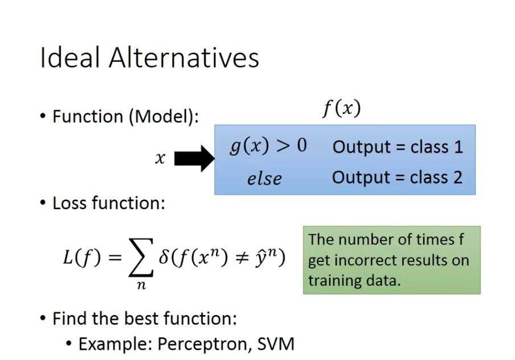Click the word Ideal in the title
tap(70, 58)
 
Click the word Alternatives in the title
tap(184, 58)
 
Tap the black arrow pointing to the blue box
tap(194, 158)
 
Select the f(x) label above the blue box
tap(342, 108)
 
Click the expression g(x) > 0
tap(268, 146)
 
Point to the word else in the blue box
tap(264, 179)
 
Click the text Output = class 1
tap(398, 146)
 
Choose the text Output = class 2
tap(398, 177)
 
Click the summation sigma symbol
tap(141, 257)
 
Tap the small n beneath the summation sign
tap(141, 285)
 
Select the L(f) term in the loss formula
tap(82, 257)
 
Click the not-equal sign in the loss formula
tap(242, 257)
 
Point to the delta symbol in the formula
tap(164, 256)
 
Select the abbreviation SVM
tap(276, 344)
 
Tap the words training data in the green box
tap(354, 281)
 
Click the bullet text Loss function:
tap(109, 203)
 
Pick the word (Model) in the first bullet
tap(164, 117)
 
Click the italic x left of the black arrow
tap(160, 159)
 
